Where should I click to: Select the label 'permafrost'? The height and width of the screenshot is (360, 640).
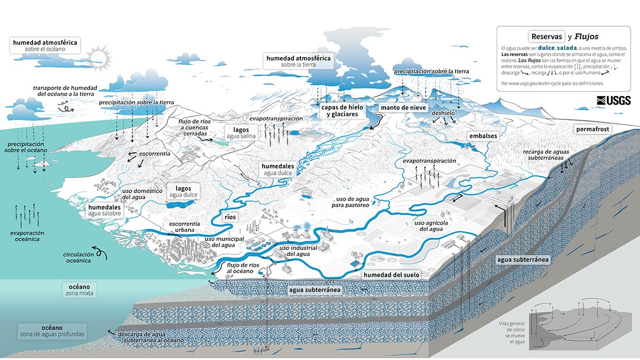click(592, 130)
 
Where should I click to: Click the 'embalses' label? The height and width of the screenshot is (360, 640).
click(483, 136)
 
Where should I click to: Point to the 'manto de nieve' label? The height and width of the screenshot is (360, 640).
click(403, 108)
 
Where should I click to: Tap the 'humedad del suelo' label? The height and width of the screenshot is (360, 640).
click(391, 275)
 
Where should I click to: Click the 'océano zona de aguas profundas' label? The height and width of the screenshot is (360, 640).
click(52, 331)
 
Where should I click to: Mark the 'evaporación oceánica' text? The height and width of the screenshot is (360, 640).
click(27, 236)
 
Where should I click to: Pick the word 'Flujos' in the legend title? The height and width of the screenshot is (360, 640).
click(586, 37)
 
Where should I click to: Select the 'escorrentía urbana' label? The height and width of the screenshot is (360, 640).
click(184, 226)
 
